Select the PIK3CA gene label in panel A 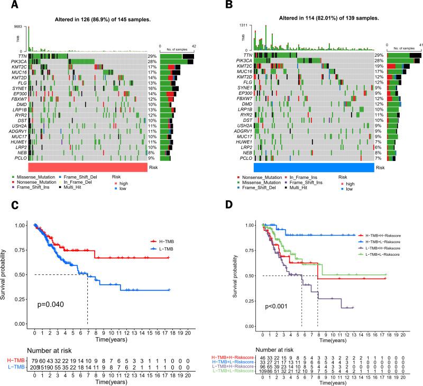(16, 62)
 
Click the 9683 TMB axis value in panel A (17, 26)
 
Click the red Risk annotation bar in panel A (87, 166)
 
